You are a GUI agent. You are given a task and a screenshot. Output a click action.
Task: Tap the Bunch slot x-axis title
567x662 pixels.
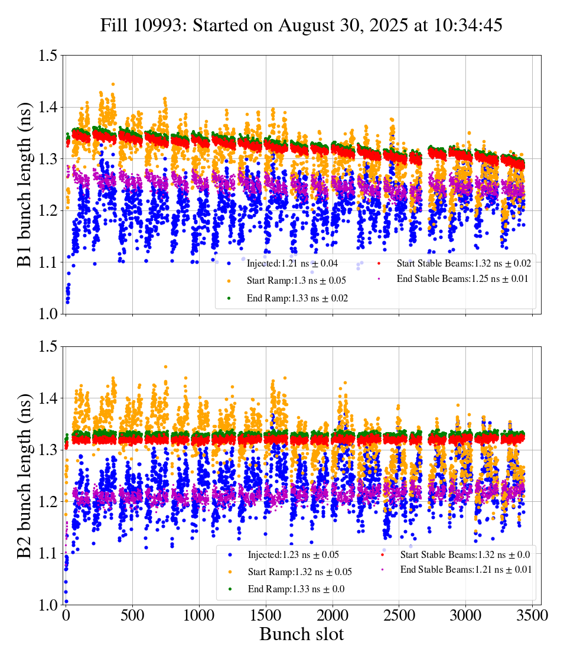[x=301, y=635]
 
